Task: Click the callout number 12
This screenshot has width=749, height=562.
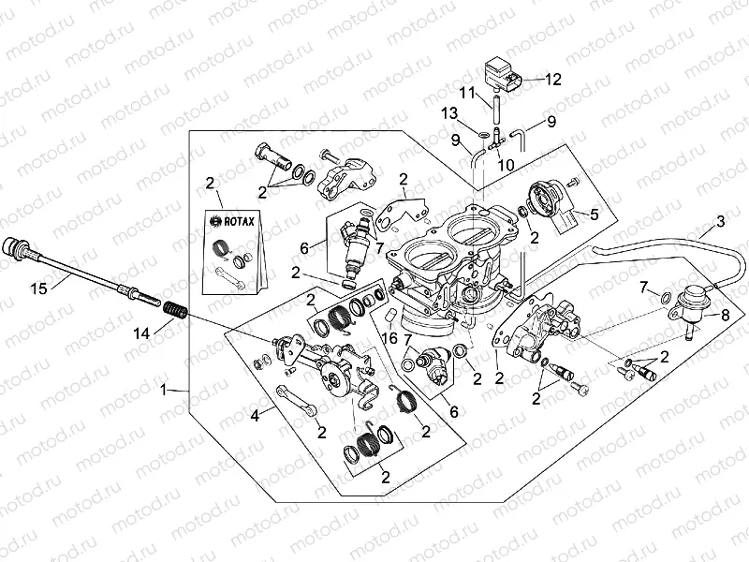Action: click(x=552, y=80)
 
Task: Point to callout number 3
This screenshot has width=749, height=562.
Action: click(x=720, y=222)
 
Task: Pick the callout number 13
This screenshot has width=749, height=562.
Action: click(x=449, y=112)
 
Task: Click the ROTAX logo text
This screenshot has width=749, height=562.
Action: click(x=235, y=222)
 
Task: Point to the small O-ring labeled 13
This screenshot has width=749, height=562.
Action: click(x=481, y=135)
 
